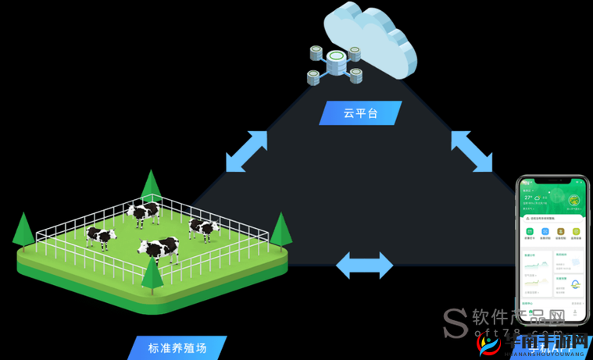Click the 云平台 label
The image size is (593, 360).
[360, 113]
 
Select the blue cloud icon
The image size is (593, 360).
[367, 39]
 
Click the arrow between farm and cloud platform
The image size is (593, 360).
[246, 151]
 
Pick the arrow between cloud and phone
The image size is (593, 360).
[472, 151]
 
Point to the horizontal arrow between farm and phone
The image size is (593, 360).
[364, 265]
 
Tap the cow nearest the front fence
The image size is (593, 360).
[160, 249]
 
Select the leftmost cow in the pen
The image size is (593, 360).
[101, 236]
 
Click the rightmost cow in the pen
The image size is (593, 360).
[204, 227]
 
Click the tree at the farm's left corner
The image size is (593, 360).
[23, 229]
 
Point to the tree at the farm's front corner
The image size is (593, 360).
[151, 273]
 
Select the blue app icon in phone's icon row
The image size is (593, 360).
[545, 232]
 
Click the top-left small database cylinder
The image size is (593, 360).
[316, 53]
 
